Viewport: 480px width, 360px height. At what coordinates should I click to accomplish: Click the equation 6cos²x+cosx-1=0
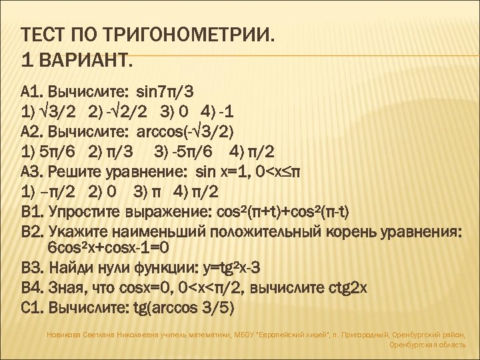(x=109, y=249)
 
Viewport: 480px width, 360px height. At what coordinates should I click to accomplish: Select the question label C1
(x=31, y=308)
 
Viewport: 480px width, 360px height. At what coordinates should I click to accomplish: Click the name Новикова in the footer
(x=63, y=335)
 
